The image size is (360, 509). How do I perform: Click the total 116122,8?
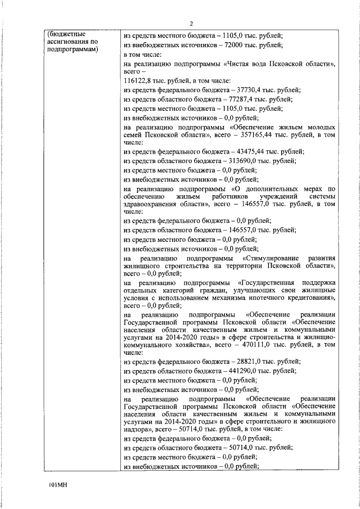[x=137, y=81]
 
